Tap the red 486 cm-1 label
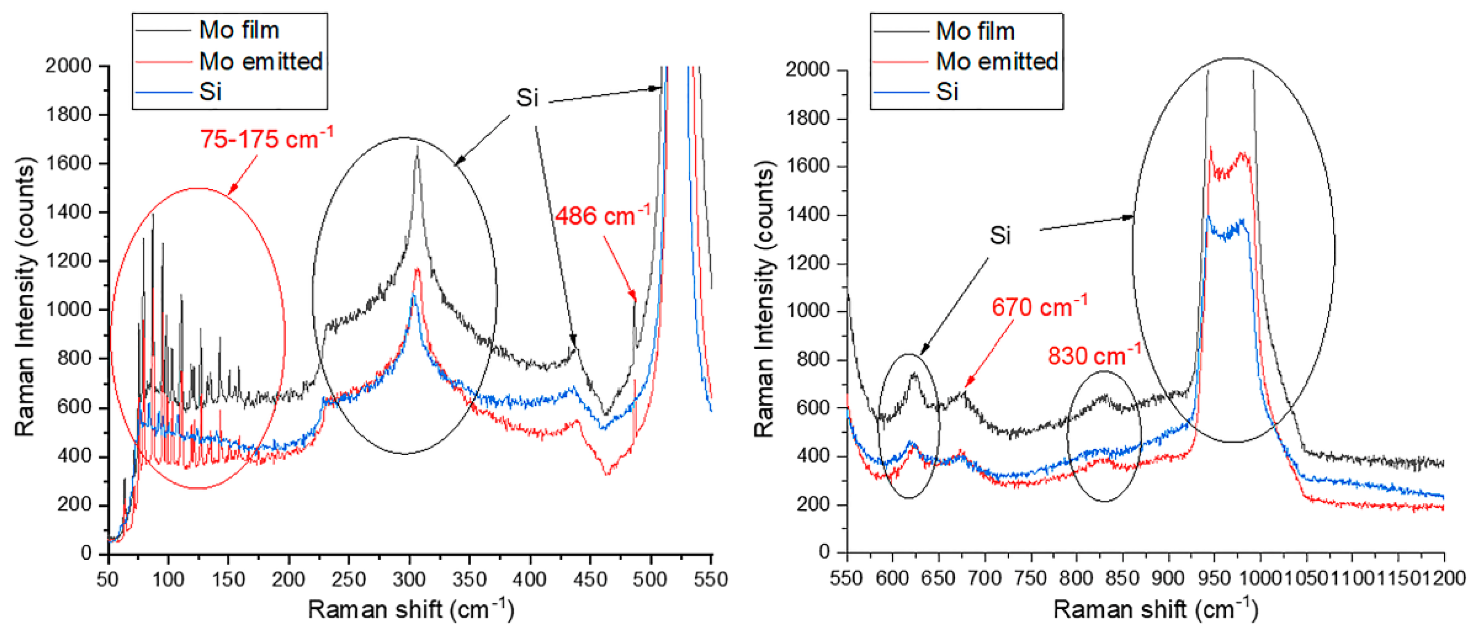pyautogui.click(x=602, y=216)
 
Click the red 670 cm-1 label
pyautogui.click(x=1039, y=307)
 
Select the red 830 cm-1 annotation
pyautogui.click(x=1094, y=356)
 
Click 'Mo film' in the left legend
pyautogui.click(x=239, y=30)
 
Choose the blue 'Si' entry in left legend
pyautogui.click(x=210, y=92)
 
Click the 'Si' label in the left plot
pyautogui.click(x=527, y=98)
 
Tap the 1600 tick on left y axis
pyautogui.click(x=68, y=163)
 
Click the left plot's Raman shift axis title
pyautogui.click(x=410, y=609)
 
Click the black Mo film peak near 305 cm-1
pyautogui.click(x=417, y=148)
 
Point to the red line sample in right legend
pyautogui.click(x=899, y=61)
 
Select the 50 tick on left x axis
pyautogui.click(x=108, y=579)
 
